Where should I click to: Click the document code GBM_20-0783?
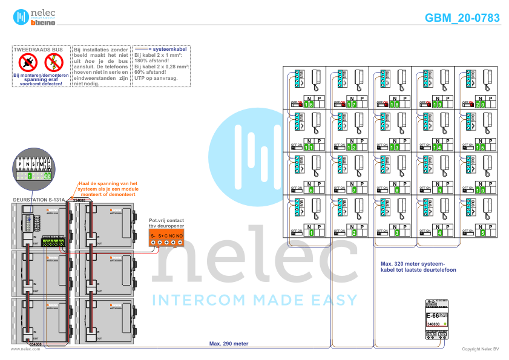click(462, 18)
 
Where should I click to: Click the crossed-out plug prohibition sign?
click(28, 61)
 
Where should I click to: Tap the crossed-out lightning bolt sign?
click(53, 61)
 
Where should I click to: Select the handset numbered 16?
click(316, 78)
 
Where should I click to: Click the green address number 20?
click(481, 105)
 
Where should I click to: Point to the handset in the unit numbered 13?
click(401, 120)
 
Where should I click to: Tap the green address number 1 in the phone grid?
click(311, 232)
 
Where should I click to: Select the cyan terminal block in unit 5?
click(468, 206)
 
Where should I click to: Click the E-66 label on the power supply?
click(433, 315)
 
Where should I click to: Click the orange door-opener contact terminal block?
click(166, 238)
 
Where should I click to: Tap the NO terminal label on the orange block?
click(180, 235)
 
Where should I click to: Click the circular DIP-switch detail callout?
click(33, 168)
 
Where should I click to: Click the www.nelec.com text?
click(21, 349)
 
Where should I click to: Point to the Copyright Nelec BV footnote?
click(479, 349)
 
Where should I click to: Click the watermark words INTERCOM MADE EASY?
click(254, 299)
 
